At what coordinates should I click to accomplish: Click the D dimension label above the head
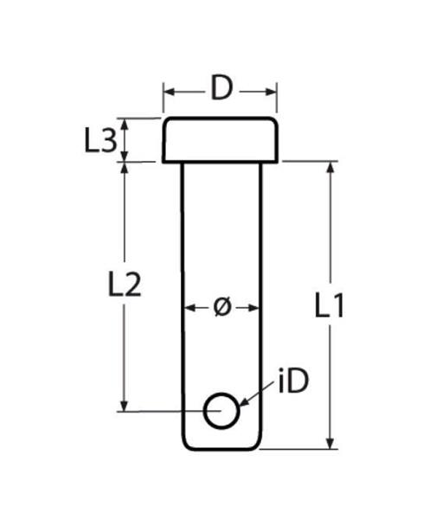(x=221, y=88)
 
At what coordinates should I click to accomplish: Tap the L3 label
(x=100, y=141)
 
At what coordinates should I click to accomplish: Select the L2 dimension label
(x=125, y=284)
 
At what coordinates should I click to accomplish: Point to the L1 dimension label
(x=330, y=305)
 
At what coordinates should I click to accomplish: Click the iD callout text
(x=293, y=381)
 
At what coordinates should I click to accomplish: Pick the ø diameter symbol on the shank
(x=221, y=307)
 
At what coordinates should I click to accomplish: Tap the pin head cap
(x=221, y=140)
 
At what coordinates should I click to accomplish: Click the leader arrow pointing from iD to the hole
(x=256, y=394)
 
